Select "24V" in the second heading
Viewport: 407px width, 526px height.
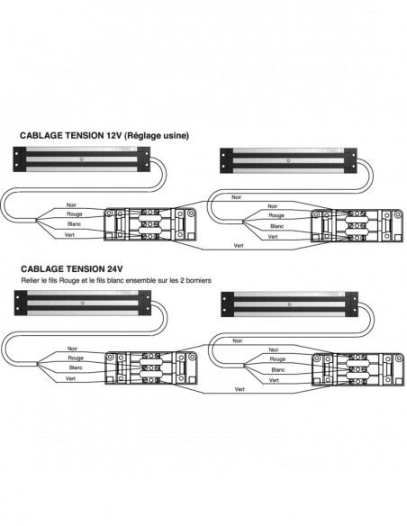click(x=114, y=268)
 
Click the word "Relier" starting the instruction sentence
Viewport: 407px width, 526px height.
click(x=30, y=280)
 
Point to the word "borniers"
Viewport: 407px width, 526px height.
click(x=200, y=280)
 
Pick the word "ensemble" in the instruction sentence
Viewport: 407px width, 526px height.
click(x=140, y=280)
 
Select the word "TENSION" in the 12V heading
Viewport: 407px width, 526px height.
click(x=85, y=135)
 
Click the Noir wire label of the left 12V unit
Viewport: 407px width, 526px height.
click(x=71, y=204)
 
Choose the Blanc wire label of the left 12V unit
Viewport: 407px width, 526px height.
click(x=74, y=223)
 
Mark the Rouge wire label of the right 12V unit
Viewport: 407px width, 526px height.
click(x=276, y=215)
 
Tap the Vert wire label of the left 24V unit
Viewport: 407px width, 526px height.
click(x=70, y=378)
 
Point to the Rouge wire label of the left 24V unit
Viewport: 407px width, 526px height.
click(x=76, y=358)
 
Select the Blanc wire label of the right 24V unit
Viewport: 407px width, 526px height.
click(x=278, y=369)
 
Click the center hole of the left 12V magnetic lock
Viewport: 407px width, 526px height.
click(x=81, y=159)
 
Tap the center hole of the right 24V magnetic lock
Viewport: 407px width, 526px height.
click(x=290, y=304)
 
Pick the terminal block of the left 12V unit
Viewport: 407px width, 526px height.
click(x=149, y=224)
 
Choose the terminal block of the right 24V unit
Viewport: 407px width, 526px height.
click(x=357, y=369)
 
